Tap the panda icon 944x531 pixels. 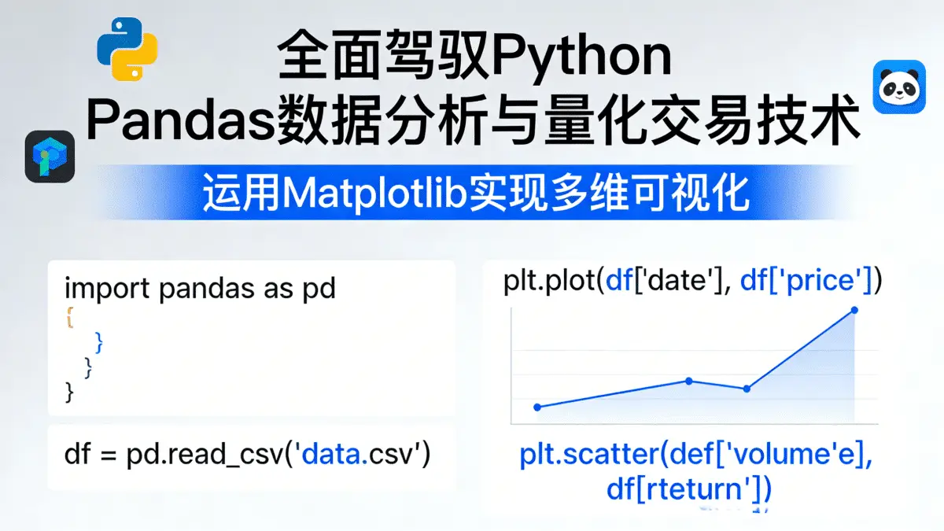pos(898,90)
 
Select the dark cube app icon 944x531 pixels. pos(50,157)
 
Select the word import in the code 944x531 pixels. pos(109,289)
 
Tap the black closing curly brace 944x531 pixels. pos(69,389)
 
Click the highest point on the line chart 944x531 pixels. pos(854,311)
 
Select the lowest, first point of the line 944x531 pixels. pos(537,407)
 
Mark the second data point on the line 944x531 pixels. pos(689,381)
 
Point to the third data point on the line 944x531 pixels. pos(747,388)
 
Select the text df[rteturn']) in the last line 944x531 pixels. pos(688,489)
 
